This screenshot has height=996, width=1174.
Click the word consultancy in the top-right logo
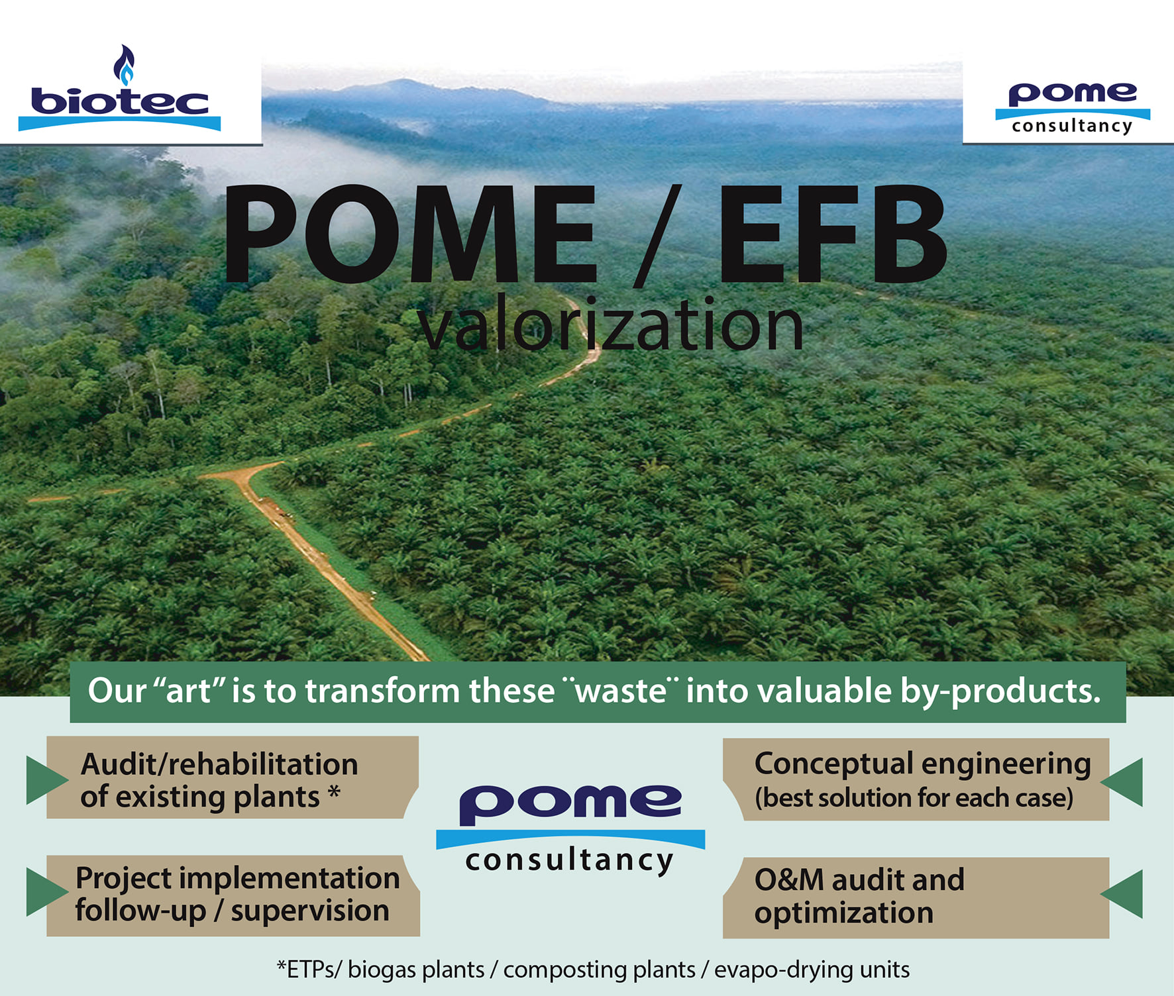tap(1072, 126)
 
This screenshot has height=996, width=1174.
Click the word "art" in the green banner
tap(188, 691)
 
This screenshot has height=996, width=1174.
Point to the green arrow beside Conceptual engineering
tap(1124, 782)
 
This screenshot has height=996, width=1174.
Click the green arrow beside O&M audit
tap(1124, 894)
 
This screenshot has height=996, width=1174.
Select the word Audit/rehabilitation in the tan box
tap(219, 764)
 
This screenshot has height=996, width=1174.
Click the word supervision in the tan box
tap(309, 911)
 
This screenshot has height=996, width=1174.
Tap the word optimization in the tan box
tap(843, 913)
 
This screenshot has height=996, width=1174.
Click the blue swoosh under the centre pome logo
tap(570, 838)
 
